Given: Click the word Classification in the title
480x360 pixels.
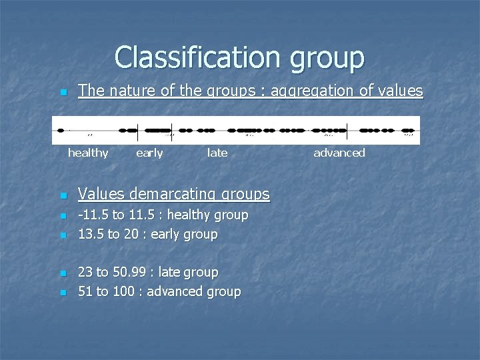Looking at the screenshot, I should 197,57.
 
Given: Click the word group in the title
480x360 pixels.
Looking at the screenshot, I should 327,59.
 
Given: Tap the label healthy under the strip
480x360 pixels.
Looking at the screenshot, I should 88,153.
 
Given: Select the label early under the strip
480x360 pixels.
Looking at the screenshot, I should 149,153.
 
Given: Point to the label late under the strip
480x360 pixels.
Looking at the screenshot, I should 217,153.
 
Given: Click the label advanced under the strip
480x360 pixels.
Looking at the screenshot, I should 339,153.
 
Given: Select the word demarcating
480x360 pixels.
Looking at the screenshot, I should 179,194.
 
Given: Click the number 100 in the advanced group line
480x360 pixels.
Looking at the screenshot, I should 123,291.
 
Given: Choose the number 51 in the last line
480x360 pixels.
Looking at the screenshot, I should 85,291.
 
